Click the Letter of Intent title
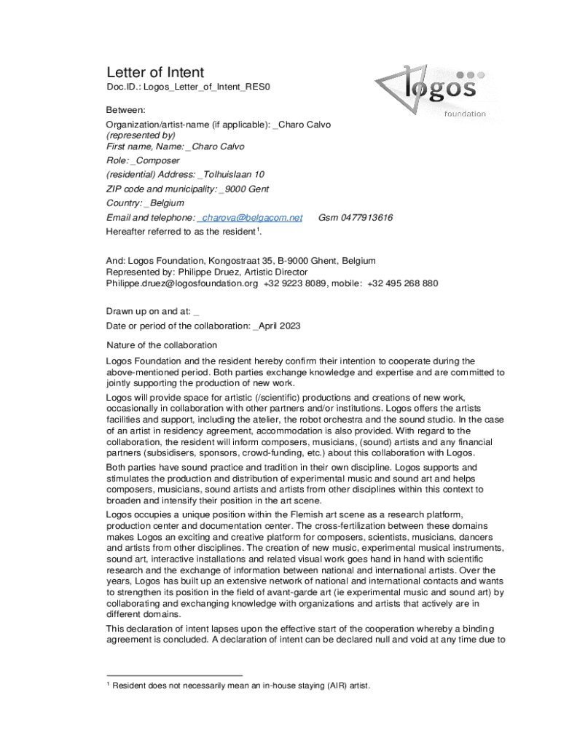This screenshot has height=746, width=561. tap(155, 72)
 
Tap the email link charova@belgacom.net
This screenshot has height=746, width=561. tap(251, 218)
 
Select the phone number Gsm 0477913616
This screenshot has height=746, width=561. tap(356, 218)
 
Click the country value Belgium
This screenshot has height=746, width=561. tap(166, 203)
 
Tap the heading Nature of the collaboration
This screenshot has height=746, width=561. tap(162, 345)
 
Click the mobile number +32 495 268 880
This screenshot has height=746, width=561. tap(403, 283)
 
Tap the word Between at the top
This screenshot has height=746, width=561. tap(126, 110)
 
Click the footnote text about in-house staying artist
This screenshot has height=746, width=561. tap(242, 686)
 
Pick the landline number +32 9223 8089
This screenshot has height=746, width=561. tap(296, 283)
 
